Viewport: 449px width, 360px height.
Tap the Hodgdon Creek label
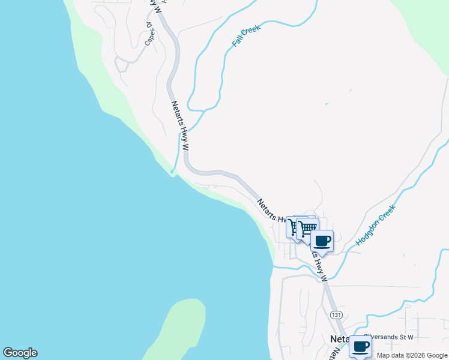(x=376, y=226)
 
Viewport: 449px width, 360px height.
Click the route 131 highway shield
(x=336, y=315)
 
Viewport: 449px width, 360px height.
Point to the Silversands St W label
(x=388, y=337)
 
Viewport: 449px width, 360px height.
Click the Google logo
(x=20, y=353)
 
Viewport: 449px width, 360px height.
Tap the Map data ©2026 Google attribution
(x=412, y=355)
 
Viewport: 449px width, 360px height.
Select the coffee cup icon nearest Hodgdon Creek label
(x=322, y=241)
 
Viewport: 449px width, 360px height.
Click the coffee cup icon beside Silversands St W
(x=360, y=346)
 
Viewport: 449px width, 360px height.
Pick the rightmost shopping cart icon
(x=307, y=228)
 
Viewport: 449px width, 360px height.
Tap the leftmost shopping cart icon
(x=295, y=227)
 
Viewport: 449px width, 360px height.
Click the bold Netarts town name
(x=340, y=339)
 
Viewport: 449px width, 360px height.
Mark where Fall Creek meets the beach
(x=172, y=173)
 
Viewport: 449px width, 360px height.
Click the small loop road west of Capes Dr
(x=122, y=63)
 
